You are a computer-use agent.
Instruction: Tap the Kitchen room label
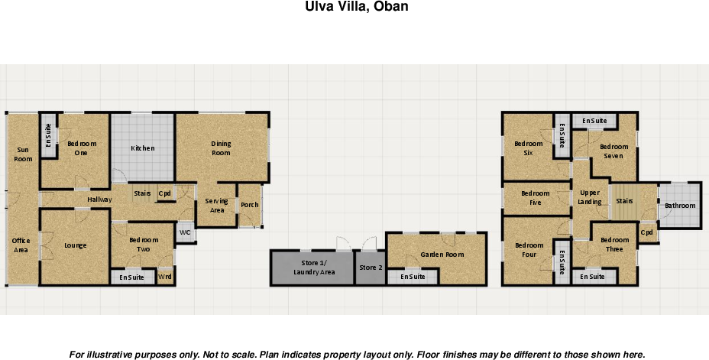143,148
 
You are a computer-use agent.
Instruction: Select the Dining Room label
221,148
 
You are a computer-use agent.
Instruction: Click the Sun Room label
24,154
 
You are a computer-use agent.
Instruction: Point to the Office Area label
21,245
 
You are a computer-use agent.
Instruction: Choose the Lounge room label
76,245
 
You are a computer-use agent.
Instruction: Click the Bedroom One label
82,148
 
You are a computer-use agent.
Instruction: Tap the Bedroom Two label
144,245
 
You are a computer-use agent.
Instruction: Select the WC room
185,232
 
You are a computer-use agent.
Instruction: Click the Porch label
249,205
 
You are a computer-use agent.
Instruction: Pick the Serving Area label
217,206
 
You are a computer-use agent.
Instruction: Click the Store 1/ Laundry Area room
314,268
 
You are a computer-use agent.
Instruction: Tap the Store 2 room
371,268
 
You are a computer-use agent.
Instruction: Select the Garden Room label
442,255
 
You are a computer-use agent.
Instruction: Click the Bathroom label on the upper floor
680,206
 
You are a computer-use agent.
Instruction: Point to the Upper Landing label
590,197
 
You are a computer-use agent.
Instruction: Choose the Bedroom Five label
536,198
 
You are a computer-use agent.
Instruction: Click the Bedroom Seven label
613,151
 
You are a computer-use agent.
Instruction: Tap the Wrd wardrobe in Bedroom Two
164,277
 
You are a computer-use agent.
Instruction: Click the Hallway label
99,199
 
